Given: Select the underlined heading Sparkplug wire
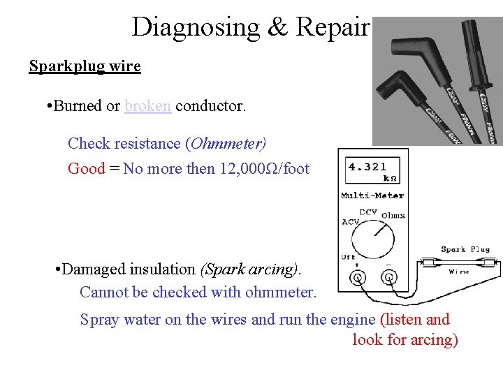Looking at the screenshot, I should click(x=85, y=66).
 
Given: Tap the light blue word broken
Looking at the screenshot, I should click(x=147, y=105).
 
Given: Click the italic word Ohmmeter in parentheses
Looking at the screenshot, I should click(x=227, y=143).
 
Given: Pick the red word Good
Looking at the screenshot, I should click(x=86, y=168).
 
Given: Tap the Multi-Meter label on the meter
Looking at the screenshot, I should click(x=372, y=195).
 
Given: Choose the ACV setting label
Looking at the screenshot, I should click(x=351, y=222).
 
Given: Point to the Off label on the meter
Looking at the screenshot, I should click(x=347, y=257).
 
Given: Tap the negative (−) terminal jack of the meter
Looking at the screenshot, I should click(x=388, y=278).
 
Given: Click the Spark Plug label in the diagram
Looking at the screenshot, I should click(x=465, y=249).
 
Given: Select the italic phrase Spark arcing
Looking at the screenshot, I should click(x=249, y=269).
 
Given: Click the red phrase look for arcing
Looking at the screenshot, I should click(x=405, y=339).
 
